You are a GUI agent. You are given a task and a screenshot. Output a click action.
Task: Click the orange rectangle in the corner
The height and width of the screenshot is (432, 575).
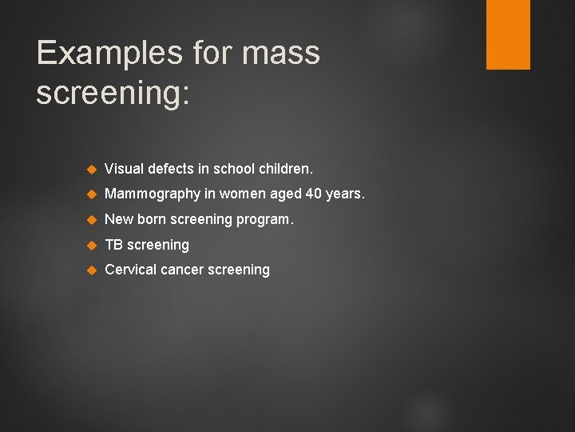[x=508, y=34]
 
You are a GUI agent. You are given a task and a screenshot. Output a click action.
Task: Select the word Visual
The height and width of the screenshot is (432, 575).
[x=124, y=170]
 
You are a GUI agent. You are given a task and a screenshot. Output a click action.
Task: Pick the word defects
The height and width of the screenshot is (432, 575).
[x=170, y=170]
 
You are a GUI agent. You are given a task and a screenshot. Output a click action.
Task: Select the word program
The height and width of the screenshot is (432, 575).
[x=265, y=220]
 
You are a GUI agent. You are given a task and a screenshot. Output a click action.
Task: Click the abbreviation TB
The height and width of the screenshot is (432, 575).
[x=114, y=245]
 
